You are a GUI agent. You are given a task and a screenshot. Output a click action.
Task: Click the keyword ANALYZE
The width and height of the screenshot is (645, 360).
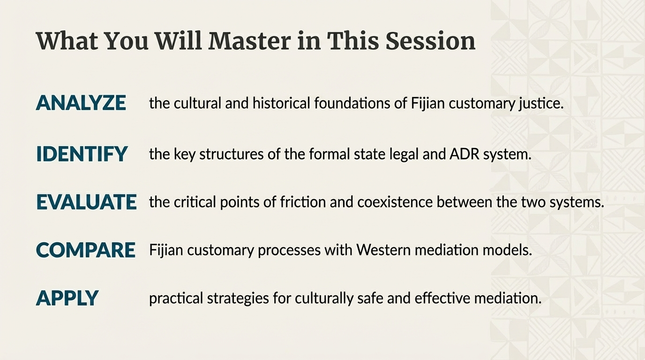coord(81,103)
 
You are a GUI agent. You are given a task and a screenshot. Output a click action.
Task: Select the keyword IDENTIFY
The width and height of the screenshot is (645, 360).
coord(82,154)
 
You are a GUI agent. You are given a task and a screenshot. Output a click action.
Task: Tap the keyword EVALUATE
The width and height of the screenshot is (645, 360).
coord(86,202)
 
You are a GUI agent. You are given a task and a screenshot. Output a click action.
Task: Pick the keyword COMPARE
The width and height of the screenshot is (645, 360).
coord(85,250)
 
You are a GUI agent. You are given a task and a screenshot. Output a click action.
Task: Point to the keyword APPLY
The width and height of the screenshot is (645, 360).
coord(67,298)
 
